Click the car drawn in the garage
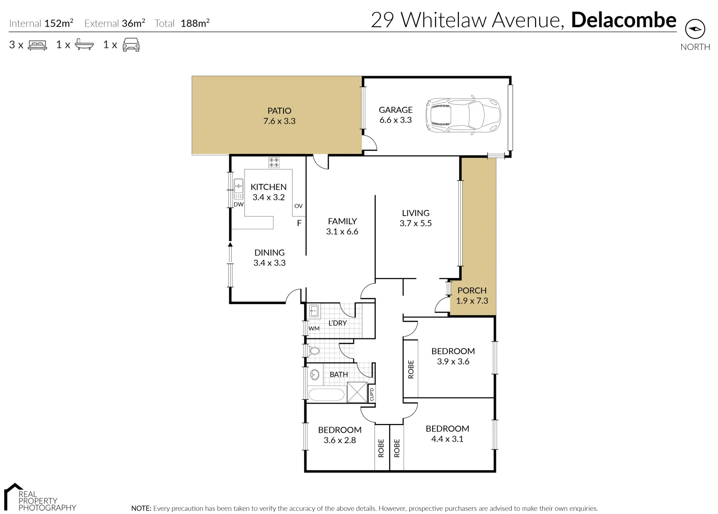click(x=463, y=115)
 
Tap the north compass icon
click(x=695, y=30)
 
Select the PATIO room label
click(x=279, y=110)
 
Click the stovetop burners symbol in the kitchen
click(x=274, y=162)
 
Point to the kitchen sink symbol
click(x=238, y=189)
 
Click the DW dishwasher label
click(x=239, y=204)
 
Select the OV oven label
click(x=298, y=206)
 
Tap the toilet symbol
click(x=314, y=352)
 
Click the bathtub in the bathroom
click(x=326, y=395)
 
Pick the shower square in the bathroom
click(x=357, y=392)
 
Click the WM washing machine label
click(x=314, y=328)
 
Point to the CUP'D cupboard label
click(x=372, y=394)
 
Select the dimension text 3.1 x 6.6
click(x=342, y=232)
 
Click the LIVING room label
click(x=415, y=213)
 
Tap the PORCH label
click(x=472, y=290)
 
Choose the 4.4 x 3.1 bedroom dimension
click(x=447, y=439)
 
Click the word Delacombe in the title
click(x=624, y=20)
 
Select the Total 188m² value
click(x=195, y=23)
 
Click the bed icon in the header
click(x=38, y=45)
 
